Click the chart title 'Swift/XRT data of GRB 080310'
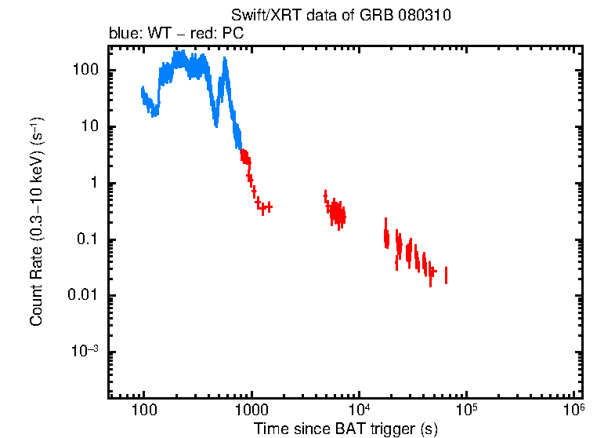tap(341, 16)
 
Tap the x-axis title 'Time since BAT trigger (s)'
tap(345, 429)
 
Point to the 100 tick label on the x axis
tap(143, 411)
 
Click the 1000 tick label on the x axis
tap(251, 411)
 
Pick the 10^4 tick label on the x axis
tap(358, 410)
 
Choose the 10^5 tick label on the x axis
tap(466, 410)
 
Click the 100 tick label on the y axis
tap(84, 70)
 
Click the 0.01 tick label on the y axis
tap(82, 296)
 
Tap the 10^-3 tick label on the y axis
tap(84, 352)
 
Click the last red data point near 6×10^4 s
tap(446, 275)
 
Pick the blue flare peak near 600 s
tap(226, 72)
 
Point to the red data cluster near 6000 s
tap(338, 212)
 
